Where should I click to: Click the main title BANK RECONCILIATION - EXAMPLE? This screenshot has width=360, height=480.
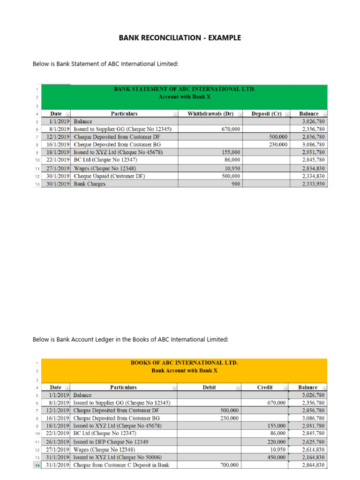pyautogui.click(x=180, y=37)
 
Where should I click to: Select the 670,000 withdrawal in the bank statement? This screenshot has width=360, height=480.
pyautogui.click(x=231, y=129)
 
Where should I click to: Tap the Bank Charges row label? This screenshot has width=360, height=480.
pyautogui.click(x=90, y=184)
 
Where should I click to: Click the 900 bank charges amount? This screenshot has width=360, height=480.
pyautogui.click(x=236, y=184)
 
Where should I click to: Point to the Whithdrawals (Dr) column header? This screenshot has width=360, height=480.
pyautogui.click(x=210, y=114)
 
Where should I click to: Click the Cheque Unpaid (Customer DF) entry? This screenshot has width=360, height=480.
pyautogui.click(x=109, y=176)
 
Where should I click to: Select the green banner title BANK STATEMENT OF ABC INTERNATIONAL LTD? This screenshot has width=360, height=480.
pyautogui.click(x=185, y=89)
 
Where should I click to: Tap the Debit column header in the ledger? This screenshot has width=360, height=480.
pyautogui.click(x=209, y=388)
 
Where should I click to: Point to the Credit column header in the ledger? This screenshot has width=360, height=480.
pyautogui.click(x=265, y=388)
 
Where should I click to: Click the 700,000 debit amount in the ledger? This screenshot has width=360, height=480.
pyautogui.click(x=229, y=465)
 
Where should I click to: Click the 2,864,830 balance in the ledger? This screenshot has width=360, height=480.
pyautogui.click(x=311, y=465)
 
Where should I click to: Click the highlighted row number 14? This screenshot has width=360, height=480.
pyautogui.click(x=36, y=465)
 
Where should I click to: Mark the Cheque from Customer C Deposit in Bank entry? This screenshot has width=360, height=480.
pyautogui.click(x=121, y=465)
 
